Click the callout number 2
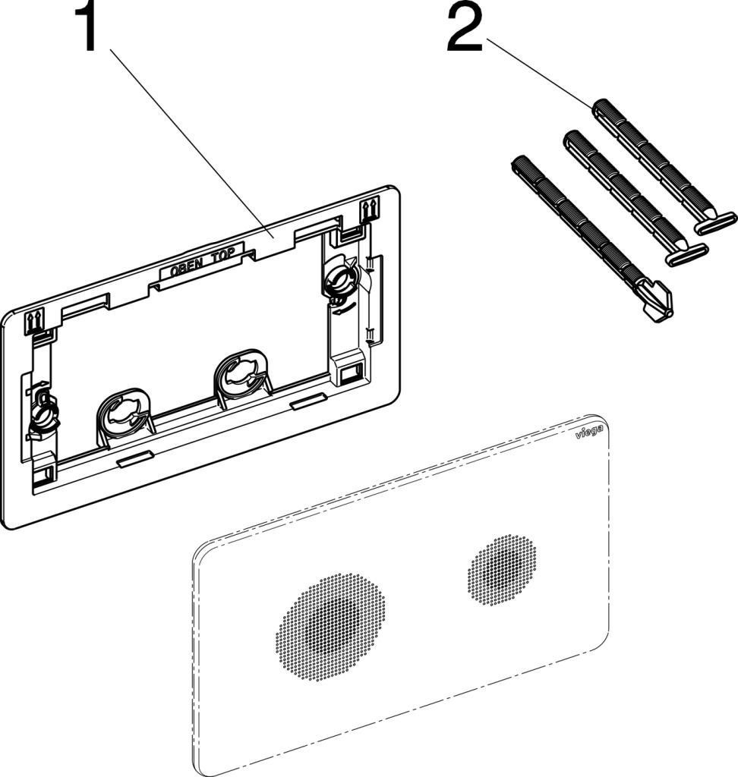tap(464, 28)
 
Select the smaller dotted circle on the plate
tap(501, 570)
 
